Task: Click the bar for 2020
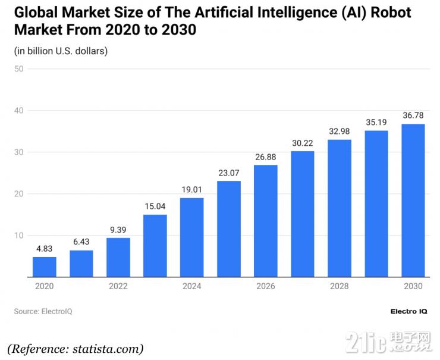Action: tap(45, 267)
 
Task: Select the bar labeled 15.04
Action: tap(155, 245)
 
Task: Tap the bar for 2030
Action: tap(413, 200)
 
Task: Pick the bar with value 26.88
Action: tap(265, 221)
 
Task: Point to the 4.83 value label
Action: tap(45, 249)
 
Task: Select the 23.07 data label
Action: tap(228, 173)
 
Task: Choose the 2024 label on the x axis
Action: tap(191, 286)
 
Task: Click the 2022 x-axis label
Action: tap(118, 286)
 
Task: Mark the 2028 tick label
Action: tap(339, 286)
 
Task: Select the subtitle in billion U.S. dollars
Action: tap(61, 51)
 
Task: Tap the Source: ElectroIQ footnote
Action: tap(43, 311)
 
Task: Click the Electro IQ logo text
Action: tap(408, 311)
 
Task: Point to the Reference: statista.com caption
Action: tap(76, 348)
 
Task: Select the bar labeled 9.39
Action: tap(118, 257)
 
